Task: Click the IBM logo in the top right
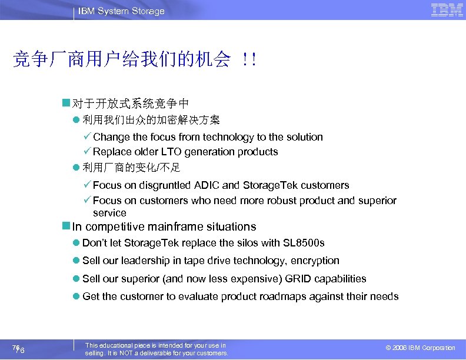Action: [447, 10]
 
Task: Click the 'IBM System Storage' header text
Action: [121, 11]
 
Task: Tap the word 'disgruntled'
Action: [162, 185]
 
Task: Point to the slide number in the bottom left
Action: [18, 349]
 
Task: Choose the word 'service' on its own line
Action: [109, 213]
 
